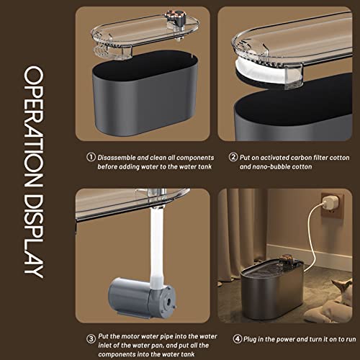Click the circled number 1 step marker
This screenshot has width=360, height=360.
click(91, 158)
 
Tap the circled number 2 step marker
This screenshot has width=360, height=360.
click(233, 157)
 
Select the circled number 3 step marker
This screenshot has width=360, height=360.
click(91, 339)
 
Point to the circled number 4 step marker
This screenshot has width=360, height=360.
click(238, 339)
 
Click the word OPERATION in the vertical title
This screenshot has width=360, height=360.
click(34, 127)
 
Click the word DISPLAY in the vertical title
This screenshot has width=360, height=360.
click(34, 235)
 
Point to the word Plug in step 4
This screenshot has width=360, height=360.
click(250, 340)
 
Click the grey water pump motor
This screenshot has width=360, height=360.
click(143, 298)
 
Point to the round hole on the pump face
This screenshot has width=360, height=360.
click(168, 300)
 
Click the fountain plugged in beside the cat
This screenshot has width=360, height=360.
click(272, 288)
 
